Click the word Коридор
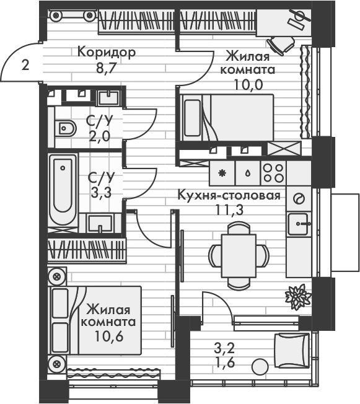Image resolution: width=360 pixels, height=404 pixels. click(x=107, y=52)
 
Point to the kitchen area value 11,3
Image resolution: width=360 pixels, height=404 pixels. click(x=229, y=211)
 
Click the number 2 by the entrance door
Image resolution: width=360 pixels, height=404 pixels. click(x=25, y=65)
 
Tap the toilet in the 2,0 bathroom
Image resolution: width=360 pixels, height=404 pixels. click(x=64, y=129)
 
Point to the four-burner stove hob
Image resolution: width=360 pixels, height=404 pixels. click(x=273, y=172)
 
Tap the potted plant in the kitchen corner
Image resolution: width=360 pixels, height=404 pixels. click(x=298, y=296)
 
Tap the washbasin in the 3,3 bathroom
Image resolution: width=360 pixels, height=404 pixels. click(x=99, y=222)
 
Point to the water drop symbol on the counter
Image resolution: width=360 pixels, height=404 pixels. click(x=247, y=172)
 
